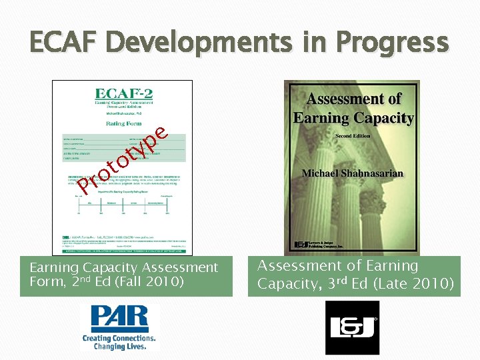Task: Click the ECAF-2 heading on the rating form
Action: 123,95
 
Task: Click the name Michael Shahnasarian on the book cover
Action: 353,173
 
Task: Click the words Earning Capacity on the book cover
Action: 353,118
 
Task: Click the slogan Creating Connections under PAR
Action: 120,338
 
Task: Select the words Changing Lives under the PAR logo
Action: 120,347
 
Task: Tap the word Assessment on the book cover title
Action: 353,99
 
